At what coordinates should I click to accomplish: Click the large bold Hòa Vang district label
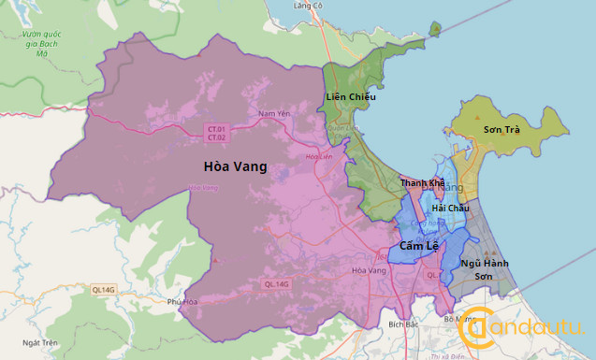235,167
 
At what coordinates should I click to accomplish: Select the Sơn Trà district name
502,129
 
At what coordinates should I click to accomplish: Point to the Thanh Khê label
422,183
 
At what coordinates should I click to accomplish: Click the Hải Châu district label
450,208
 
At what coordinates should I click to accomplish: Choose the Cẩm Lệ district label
417,246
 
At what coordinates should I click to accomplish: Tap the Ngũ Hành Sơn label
484,270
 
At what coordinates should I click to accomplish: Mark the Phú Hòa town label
183,302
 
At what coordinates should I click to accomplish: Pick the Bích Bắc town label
402,324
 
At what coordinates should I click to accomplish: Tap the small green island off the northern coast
435,29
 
